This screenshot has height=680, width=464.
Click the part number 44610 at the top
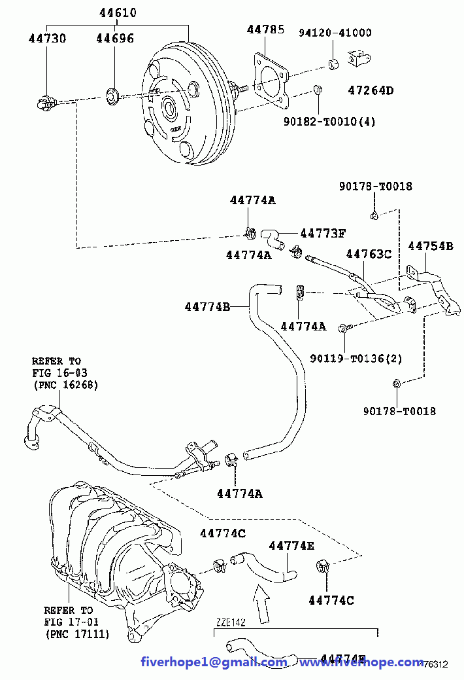[119, 13]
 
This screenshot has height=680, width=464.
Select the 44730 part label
[47, 39]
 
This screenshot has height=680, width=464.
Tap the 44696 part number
[115, 39]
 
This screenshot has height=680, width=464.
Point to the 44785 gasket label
[266, 29]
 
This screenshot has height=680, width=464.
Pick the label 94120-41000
[335, 33]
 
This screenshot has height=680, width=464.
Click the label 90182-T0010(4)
[329, 121]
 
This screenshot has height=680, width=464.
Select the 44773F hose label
[323, 233]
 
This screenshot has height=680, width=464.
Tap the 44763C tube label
[369, 253]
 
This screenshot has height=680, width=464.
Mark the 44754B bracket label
[430, 246]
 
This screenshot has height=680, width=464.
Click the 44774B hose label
[207, 306]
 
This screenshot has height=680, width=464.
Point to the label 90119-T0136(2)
[356, 358]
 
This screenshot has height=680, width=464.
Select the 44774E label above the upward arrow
[291, 545]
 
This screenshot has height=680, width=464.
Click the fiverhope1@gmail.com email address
[214, 662]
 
